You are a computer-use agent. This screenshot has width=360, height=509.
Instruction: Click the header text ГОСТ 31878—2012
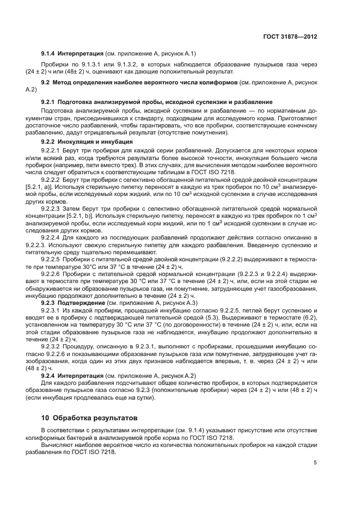click(290, 37)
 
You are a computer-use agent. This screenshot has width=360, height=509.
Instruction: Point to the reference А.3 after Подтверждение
click(189, 302)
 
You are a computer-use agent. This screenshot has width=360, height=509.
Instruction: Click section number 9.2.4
click(50, 376)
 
